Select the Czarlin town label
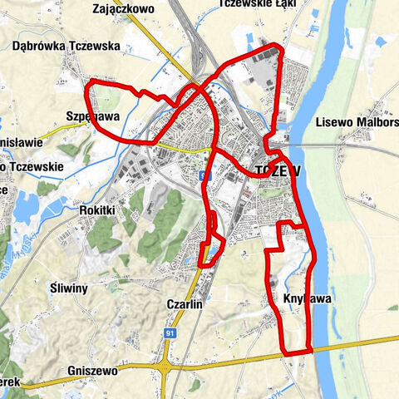[185, 304]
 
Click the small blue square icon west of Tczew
[204, 175]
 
